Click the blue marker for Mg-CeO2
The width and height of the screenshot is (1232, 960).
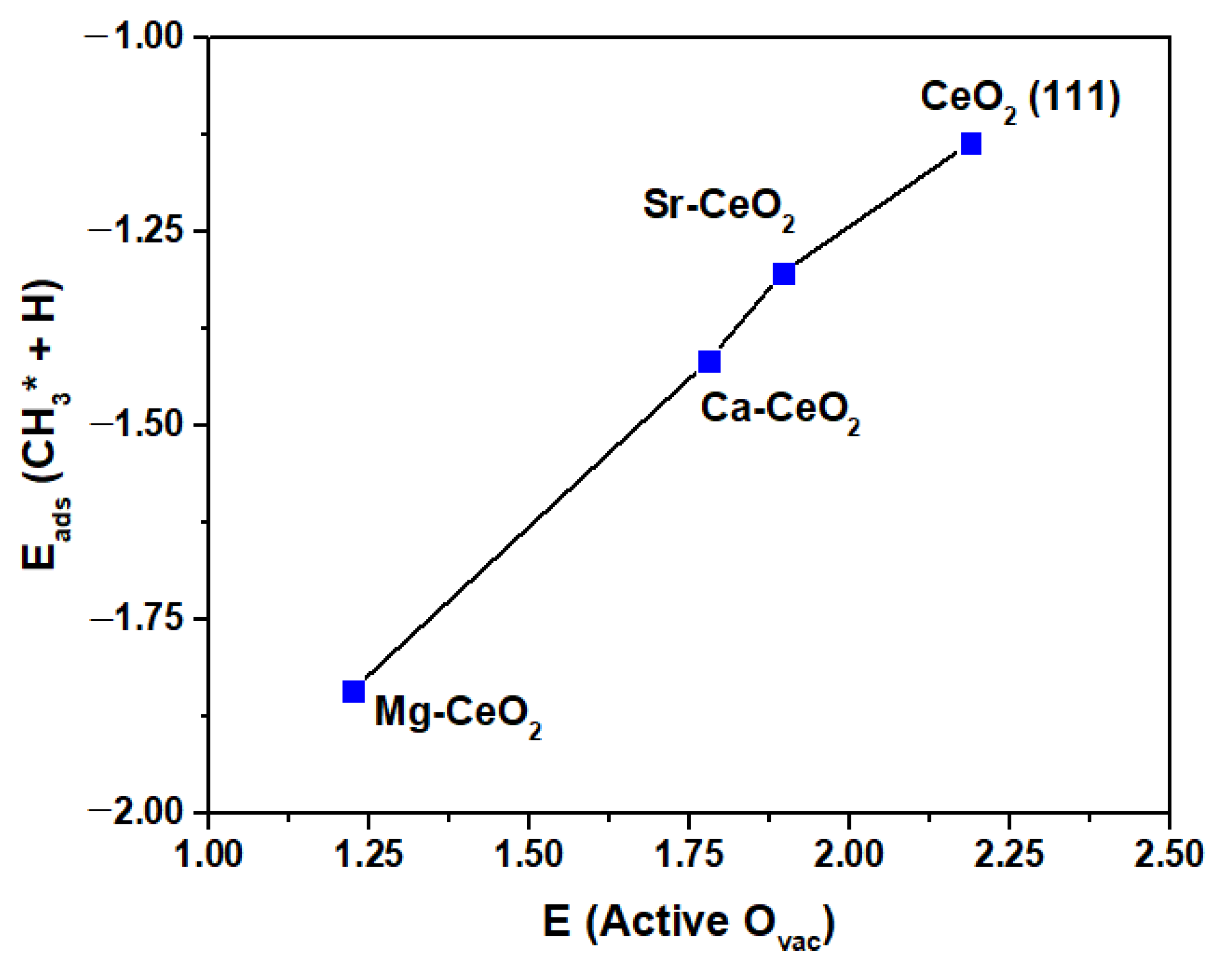coord(354,691)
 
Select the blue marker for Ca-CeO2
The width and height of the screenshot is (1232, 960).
coord(709,362)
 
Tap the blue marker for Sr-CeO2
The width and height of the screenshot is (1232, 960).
coord(784,274)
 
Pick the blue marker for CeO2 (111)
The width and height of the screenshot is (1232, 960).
coord(971,144)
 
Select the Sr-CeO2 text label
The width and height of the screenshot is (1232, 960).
coord(718,207)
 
